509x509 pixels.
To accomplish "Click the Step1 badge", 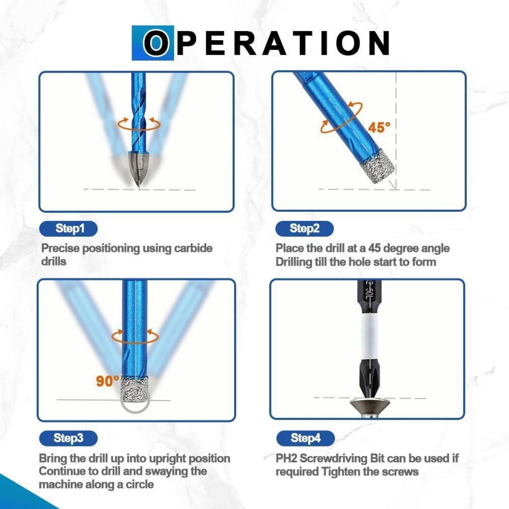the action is pos(69,229).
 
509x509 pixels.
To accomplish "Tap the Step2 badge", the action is pos(304,229).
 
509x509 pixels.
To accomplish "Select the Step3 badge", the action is pos(69,438).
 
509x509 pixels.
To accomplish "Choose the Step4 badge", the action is pos(305,438).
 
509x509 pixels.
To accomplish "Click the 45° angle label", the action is pos(379,128).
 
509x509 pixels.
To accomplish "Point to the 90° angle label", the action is pos(108,381).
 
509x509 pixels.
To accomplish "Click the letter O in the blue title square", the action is pos(155,43).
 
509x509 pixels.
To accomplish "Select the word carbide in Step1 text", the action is pos(193,248).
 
